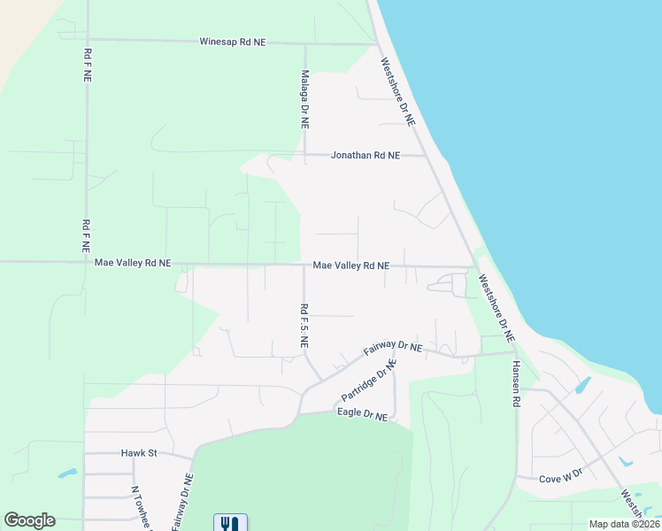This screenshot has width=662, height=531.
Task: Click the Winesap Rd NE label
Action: [x=233, y=42]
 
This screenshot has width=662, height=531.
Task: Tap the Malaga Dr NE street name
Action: [x=304, y=100]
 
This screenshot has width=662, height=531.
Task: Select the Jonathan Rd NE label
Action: [x=365, y=155]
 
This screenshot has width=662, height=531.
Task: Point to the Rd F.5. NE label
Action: [x=304, y=327]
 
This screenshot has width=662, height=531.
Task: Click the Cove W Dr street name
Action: [x=562, y=479]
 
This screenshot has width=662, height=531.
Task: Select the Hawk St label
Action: [x=138, y=453]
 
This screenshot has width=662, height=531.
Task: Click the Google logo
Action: [x=29, y=520]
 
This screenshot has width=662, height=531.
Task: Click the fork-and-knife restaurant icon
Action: [x=230, y=523]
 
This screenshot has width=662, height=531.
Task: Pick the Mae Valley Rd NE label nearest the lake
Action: [x=351, y=265]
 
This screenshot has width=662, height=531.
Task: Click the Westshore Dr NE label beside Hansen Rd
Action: [x=496, y=308]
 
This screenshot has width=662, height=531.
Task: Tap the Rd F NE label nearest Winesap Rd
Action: [x=87, y=65]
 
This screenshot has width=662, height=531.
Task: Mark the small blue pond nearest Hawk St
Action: [x=67, y=473]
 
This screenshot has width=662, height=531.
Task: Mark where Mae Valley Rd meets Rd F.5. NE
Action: [x=304, y=265]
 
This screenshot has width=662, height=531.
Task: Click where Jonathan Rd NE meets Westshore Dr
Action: [x=424, y=156]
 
